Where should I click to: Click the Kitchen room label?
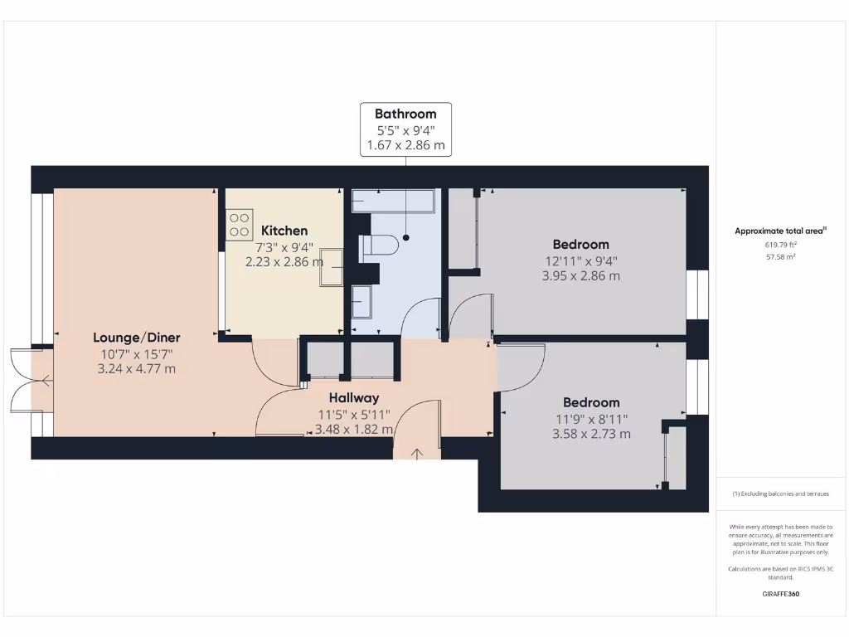pos(284,231)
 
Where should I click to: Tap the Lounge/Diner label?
pos(136,338)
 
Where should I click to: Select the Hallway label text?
pos(353,398)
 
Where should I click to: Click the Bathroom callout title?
pos(405,114)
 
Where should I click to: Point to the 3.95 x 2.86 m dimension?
pos(580,276)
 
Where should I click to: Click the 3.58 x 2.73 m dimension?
pos(591,434)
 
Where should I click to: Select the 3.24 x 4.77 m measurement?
pos(136,369)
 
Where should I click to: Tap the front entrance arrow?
pos(416,453)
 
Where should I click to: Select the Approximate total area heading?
pos(779,231)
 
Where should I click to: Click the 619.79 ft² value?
pos(780,245)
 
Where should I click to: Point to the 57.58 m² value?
pos(780,257)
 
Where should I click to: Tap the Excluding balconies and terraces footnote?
pos(780,494)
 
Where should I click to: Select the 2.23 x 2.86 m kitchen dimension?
pos(284,260)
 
